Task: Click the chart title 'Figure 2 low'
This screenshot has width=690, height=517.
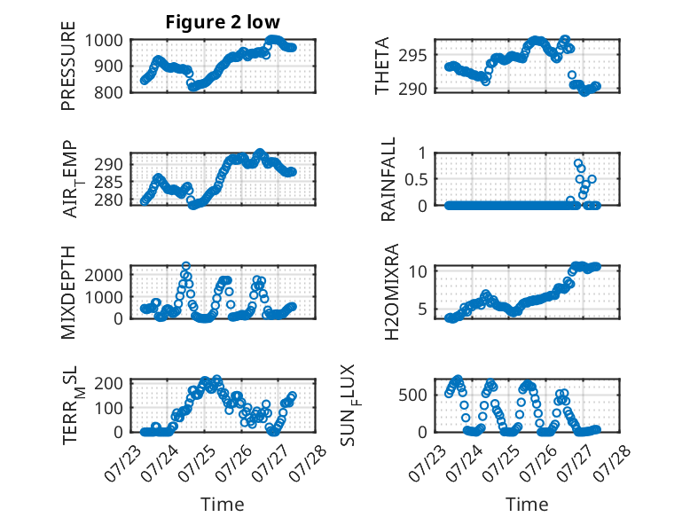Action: coord(223,22)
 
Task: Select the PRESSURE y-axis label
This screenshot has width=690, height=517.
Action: coord(68,66)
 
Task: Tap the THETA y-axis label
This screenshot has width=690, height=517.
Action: coord(382,66)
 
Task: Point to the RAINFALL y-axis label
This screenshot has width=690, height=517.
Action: coord(388,179)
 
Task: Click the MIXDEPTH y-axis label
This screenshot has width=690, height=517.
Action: coord(68,293)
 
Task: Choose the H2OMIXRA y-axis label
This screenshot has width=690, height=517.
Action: coord(391,292)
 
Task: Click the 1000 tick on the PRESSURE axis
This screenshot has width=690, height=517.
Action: coord(104,41)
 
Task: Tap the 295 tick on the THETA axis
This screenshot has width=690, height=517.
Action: coord(412,56)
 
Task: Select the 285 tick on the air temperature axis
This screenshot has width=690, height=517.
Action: coord(109,182)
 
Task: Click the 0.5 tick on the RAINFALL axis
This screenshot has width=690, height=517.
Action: coord(415,179)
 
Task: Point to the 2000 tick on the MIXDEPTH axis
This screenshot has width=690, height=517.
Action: coord(104,276)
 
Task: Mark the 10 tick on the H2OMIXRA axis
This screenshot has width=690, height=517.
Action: coord(418,271)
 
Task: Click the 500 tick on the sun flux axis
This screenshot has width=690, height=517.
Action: coord(412,396)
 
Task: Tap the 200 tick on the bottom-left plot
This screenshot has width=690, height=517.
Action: coord(109,383)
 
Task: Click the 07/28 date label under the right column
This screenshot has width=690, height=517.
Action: coord(612,462)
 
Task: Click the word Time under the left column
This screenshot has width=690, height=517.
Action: coord(223,505)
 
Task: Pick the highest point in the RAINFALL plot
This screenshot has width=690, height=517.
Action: coord(577,163)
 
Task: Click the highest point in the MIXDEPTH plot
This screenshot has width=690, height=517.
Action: coord(186,266)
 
